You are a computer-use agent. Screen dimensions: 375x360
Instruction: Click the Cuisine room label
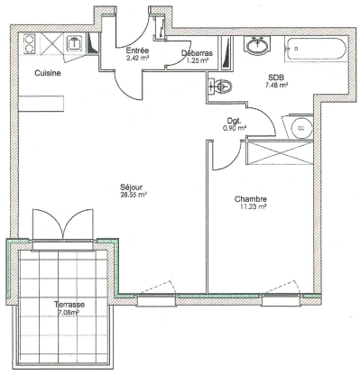48,74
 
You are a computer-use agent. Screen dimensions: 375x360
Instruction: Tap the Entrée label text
136,50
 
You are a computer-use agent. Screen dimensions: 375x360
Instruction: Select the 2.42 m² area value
136,59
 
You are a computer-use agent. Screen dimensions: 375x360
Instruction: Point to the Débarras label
196,53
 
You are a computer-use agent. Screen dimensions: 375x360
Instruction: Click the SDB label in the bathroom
274,78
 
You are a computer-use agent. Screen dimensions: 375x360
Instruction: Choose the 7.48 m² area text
274,87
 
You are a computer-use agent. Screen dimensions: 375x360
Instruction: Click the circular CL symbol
300,129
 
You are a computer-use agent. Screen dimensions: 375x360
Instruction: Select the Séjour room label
134,187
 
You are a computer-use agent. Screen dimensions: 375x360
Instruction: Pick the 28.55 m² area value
134,195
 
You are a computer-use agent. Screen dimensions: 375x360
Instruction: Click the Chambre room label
250,199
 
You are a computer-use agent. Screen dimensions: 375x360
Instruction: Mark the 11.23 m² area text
250,207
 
